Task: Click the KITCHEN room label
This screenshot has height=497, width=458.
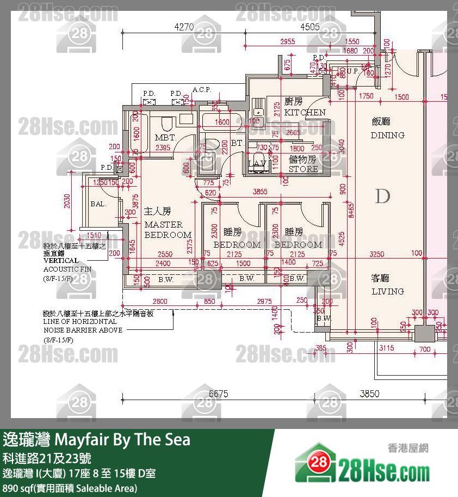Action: pyautogui.click(x=305, y=113)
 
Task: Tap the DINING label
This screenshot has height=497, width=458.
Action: pyautogui.click(x=387, y=135)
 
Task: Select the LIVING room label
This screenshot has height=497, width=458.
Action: pyautogui.click(x=388, y=291)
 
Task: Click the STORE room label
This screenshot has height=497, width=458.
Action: pyautogui.click(x=303, y=169)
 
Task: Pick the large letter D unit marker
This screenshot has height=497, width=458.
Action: pyautogui.click(x=383, y=197)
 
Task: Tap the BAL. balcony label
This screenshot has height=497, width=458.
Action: pyautogui.click(x=98, y=204)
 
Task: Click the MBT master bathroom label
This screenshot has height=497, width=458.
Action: pyautogui.click(x=164, y=138)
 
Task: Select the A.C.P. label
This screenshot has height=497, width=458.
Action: pyautogui.click(x=202, y=90)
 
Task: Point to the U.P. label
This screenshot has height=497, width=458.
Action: pyautogui.click(x=352, y=71)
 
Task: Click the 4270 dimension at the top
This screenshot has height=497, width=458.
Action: pyautogui.click(x=184, y=26)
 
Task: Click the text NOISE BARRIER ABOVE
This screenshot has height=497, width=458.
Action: pyautogui.click(x=83, y=330)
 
